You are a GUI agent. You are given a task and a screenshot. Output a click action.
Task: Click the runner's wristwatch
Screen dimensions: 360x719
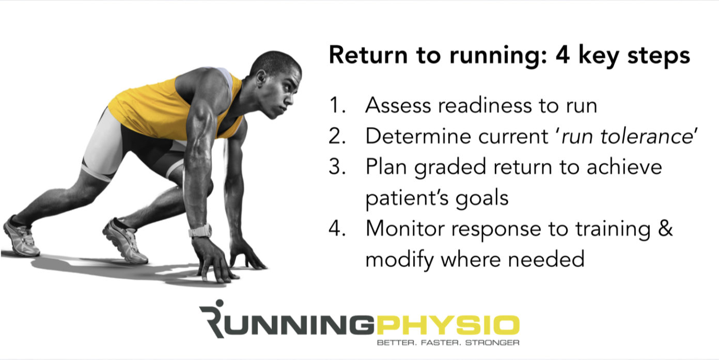click(200, 230)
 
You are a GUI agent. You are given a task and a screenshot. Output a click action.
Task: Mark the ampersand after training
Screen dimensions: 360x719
click(666, 228)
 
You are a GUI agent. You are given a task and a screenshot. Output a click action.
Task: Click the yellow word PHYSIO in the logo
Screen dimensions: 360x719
click(447, 324)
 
